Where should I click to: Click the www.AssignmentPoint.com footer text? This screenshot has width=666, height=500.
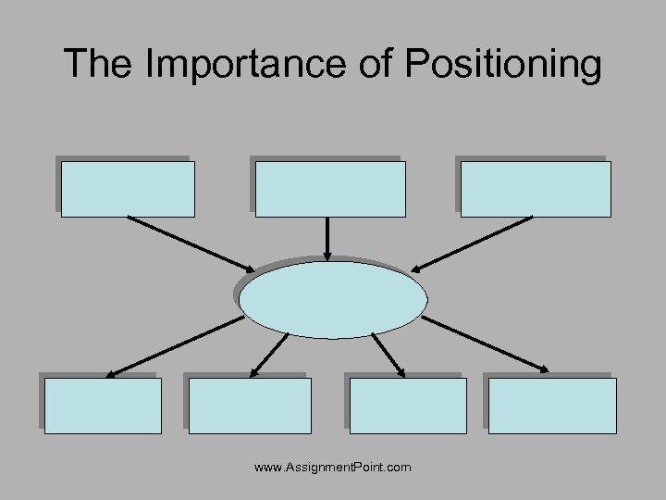click(333, 469)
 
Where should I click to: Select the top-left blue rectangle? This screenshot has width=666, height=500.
click(128, 189)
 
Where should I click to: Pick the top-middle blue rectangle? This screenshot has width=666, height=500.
click(330, 189)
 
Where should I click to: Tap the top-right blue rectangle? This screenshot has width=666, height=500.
click(536, 189)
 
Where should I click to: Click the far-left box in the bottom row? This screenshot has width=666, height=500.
click(103, 406)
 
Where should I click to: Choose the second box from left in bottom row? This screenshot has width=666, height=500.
click(250, 406)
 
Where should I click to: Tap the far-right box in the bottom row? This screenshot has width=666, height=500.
click(552, 406)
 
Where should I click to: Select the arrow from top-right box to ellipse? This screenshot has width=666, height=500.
click(472, 244)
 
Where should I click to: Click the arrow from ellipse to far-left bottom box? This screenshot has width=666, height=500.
click(174, 346)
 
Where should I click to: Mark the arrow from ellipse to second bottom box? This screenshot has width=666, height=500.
click(268, 355)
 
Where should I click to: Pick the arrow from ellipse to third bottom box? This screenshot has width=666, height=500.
click(388, 355)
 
